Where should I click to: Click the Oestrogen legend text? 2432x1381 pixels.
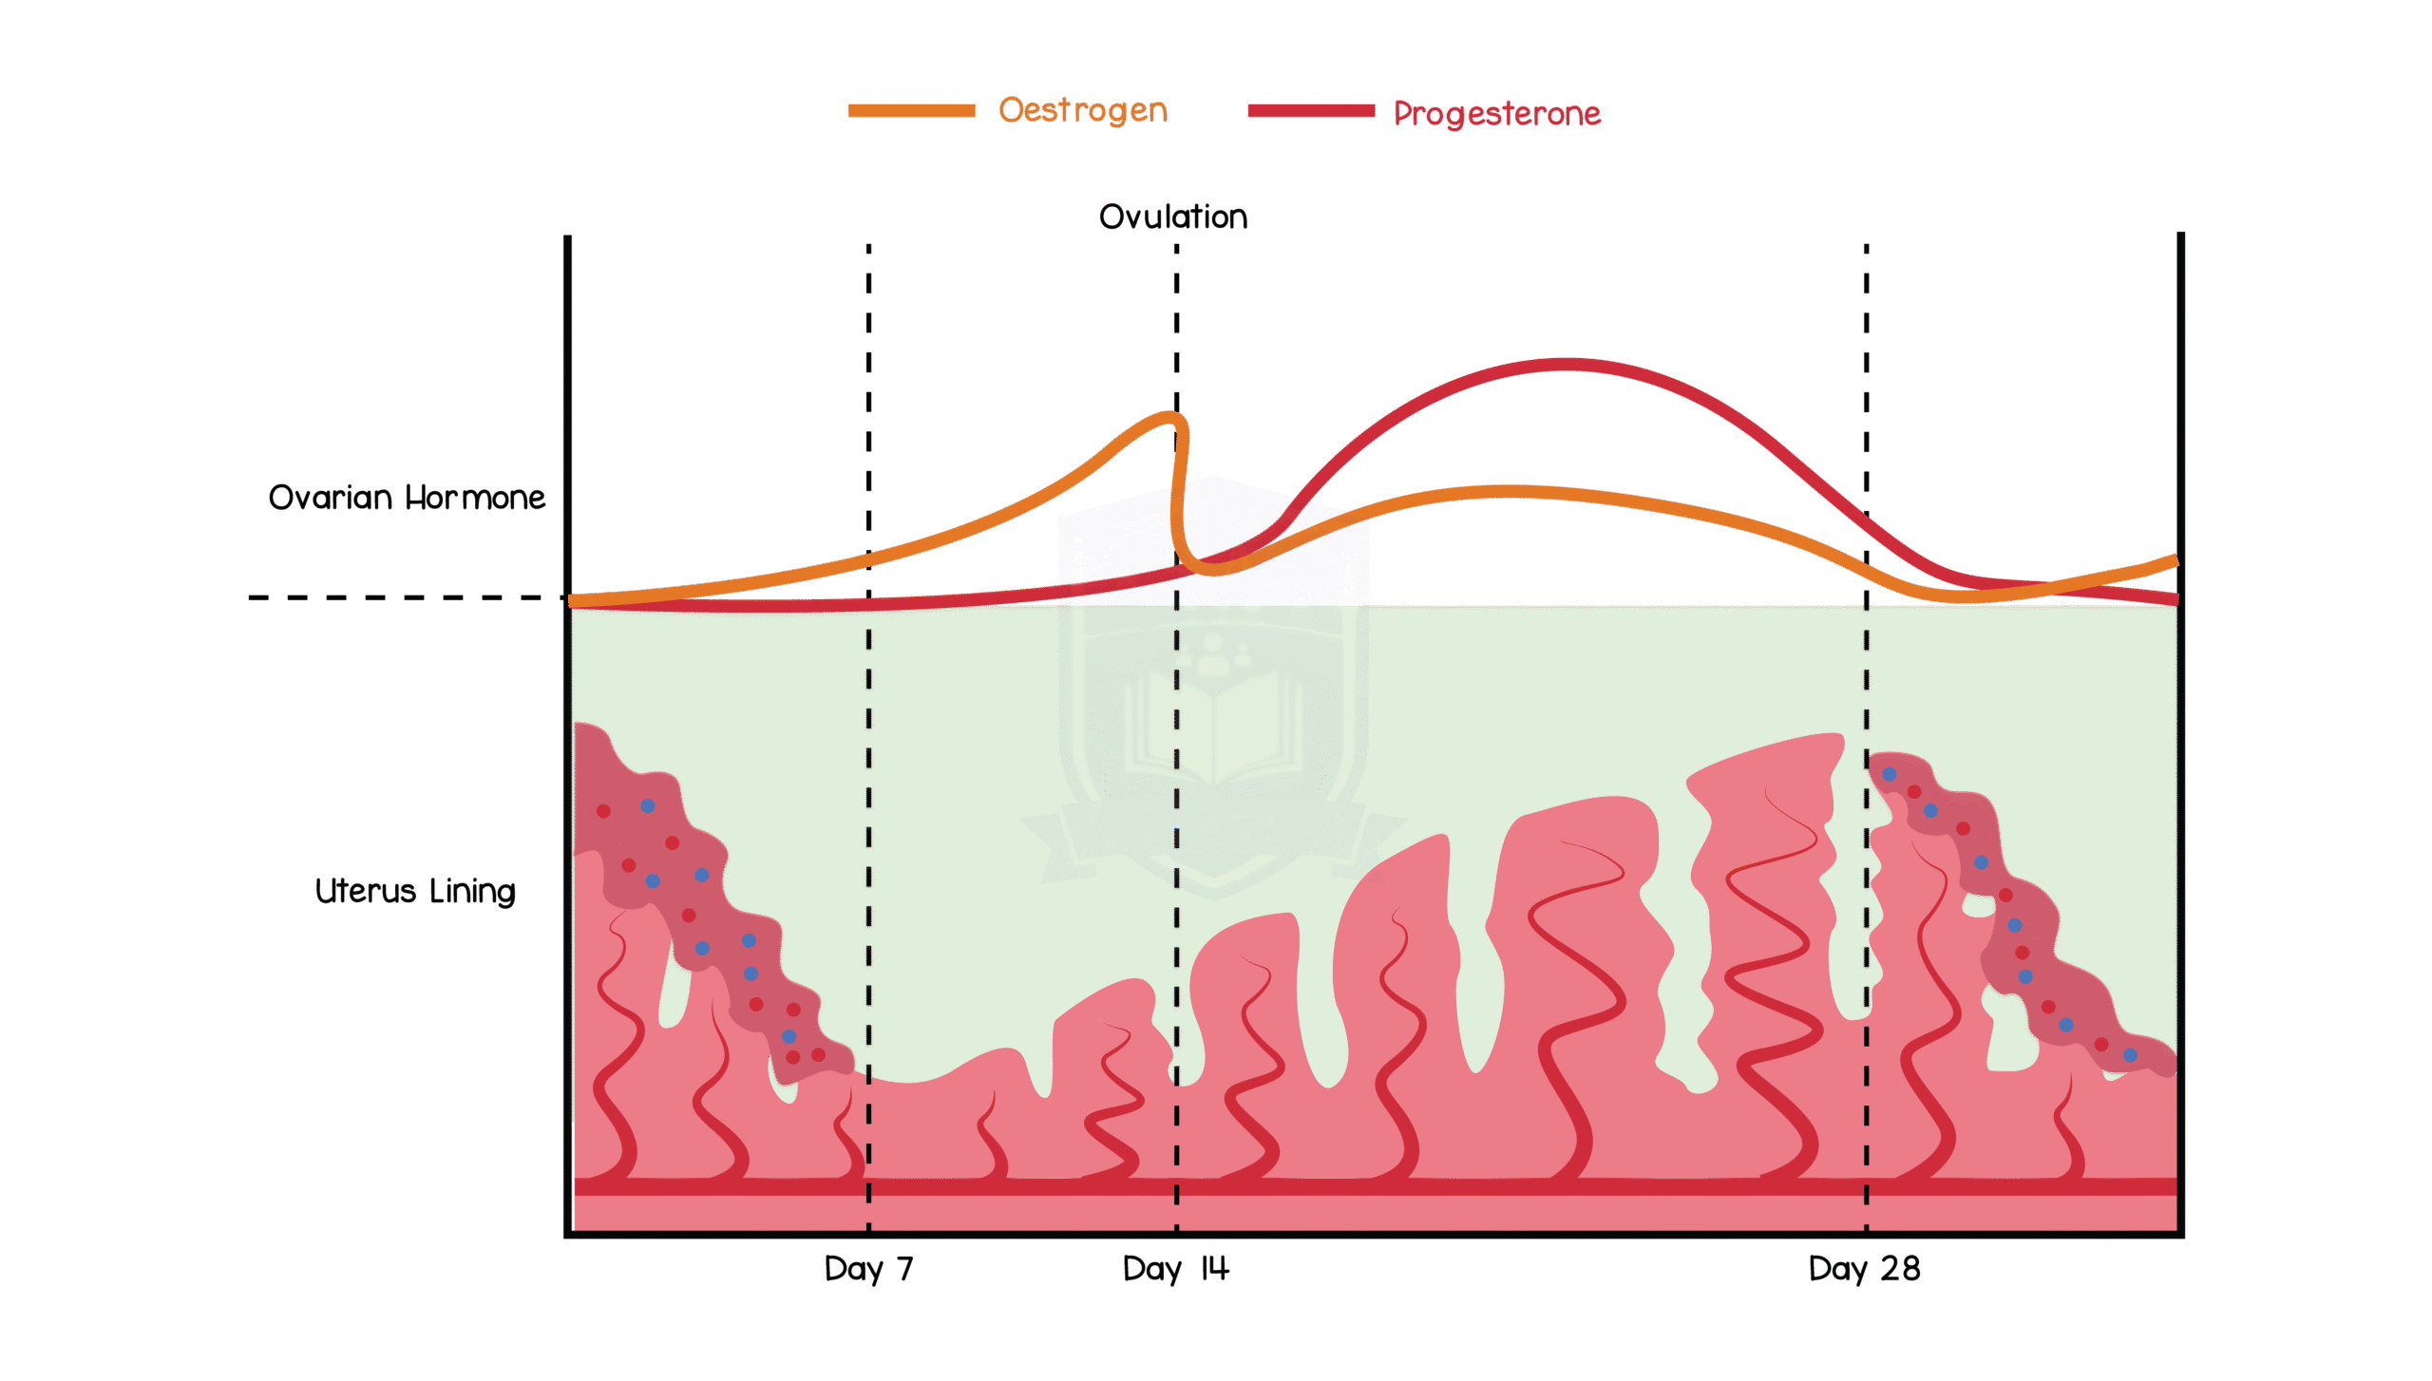point(1082,111)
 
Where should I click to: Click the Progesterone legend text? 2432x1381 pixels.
point(1496,114)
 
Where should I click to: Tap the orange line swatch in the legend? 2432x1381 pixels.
point(911,110)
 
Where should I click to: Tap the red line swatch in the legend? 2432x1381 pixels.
point(1311,110)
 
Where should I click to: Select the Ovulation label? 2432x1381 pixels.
point(1173,217)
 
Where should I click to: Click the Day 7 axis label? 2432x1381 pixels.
point(868,1269)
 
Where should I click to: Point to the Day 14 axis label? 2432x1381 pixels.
point(1176,1269)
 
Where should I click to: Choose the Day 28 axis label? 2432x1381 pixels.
point(1864,1269)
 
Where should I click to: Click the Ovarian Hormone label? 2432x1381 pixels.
point(407,498)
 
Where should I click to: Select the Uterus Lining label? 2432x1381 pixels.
point(415,891)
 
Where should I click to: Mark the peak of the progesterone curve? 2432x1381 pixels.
point(1563,364)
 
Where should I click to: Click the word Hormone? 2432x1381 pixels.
point(475,498)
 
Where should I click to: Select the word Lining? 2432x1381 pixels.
point(472,892)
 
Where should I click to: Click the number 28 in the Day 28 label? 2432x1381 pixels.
point(1900,1269)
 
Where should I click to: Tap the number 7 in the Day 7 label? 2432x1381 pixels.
point(904,1269)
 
